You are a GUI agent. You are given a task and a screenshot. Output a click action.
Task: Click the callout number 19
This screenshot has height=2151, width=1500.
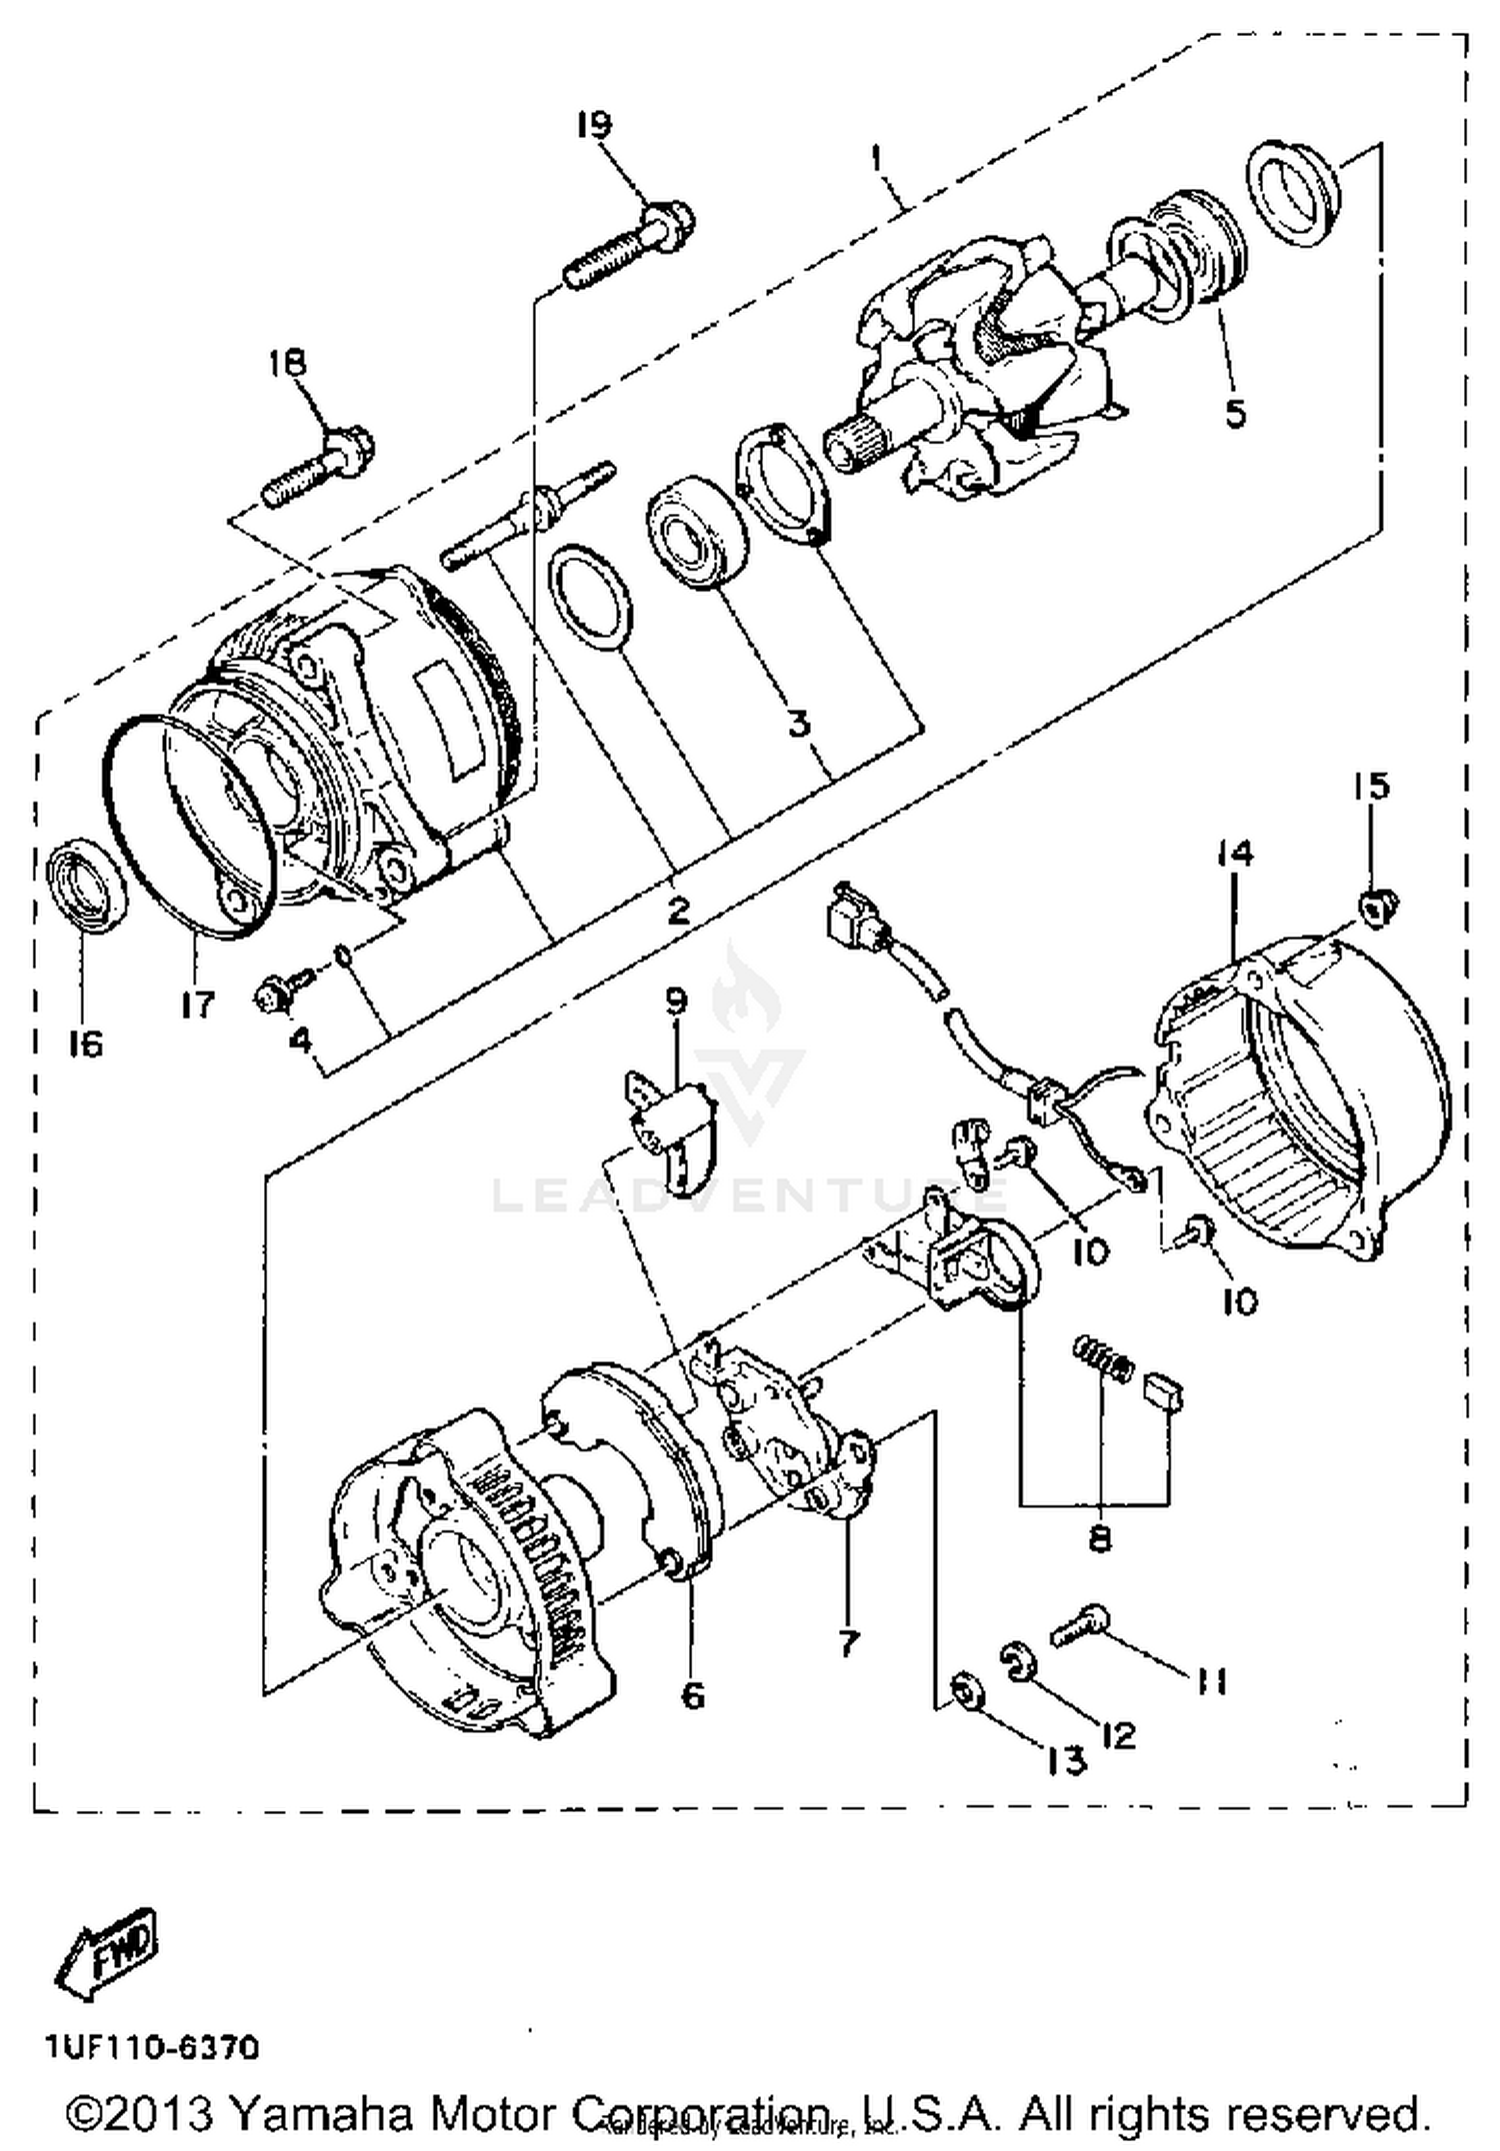point(593,125)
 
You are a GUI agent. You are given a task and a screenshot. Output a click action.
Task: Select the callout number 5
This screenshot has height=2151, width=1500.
point(1236,411)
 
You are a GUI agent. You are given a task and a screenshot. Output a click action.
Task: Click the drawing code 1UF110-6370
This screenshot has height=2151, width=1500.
point(152,2048)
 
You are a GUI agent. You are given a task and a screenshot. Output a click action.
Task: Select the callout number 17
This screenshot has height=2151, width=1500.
point(198,1004)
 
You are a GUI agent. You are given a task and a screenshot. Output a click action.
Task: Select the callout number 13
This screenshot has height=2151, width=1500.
point(1066,1761)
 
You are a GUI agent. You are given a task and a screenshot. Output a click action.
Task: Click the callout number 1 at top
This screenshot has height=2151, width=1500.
point(877,158)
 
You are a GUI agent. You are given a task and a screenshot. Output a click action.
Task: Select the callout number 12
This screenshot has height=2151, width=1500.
point(1119,1735)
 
